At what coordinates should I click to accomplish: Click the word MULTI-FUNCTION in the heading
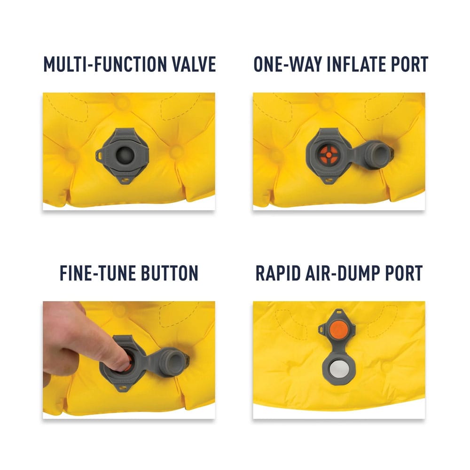click(x=105, y=64)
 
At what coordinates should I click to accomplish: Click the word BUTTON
click(x=170, y=273)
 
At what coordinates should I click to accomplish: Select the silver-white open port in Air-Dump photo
click(x=338, y=371)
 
